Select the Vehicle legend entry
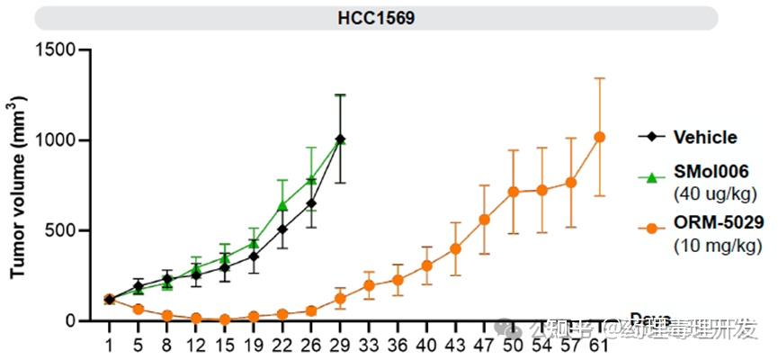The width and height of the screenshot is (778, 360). tap(705, 138)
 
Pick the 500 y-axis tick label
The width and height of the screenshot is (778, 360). tap(62, 230)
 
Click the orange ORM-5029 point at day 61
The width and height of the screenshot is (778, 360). tap(600, 137)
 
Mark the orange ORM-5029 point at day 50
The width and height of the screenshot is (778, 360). tap(513, 192)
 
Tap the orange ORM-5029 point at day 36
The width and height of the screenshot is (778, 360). tap(397, 280)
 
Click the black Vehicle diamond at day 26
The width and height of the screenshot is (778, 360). tap(310, 203)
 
